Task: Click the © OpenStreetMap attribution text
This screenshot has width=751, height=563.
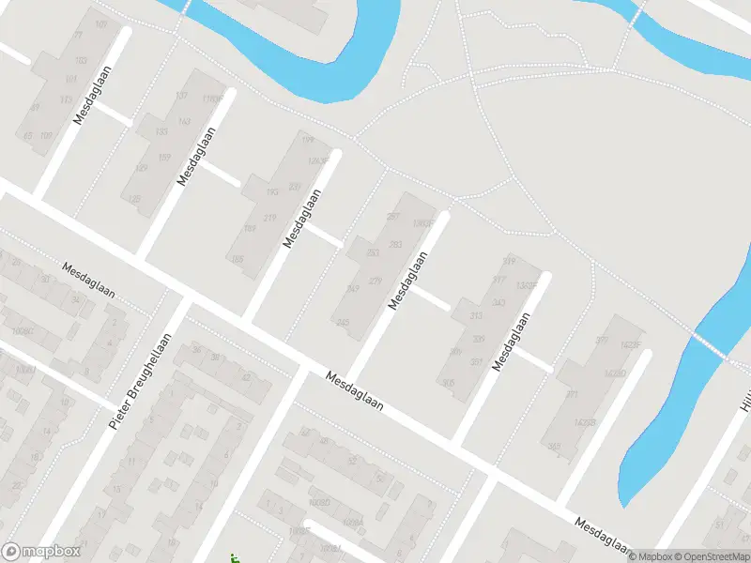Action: point(710,556)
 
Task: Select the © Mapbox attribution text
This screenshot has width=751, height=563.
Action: point(648,556)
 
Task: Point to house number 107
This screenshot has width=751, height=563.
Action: point(101,23)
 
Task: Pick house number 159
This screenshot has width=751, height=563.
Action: point(165,157)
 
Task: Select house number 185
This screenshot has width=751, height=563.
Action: point(237,258)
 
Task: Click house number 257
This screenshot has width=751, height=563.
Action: point(393,217)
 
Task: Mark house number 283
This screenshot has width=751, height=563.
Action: point(395,245)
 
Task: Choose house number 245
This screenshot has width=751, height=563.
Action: point(343,322)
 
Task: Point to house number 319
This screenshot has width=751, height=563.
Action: point(510,261)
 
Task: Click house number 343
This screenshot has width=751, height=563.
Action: point(498,302)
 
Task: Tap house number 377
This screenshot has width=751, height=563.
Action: point(602,341)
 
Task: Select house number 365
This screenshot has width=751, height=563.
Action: point(554,445)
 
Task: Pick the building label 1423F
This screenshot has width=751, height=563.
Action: point(632,345)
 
